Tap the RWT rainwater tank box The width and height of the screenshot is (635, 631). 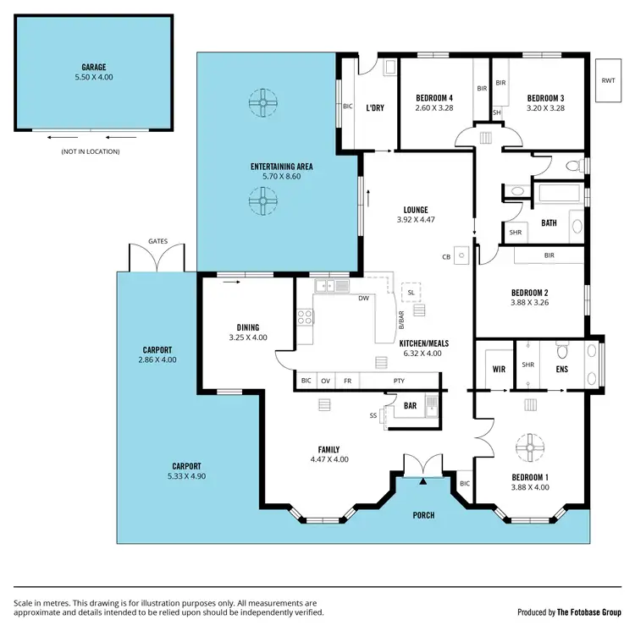click(608, 80)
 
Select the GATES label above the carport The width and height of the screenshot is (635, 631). click(157, 241)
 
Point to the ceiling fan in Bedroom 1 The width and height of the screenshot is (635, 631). click(530, 446)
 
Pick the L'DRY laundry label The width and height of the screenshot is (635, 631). click(375, 108)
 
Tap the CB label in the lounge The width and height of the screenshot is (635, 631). click(445, 256)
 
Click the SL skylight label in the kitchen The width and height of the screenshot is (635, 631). click(411, 292)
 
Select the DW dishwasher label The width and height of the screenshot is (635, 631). click(363, 298)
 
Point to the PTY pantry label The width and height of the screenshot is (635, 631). click(399, 381)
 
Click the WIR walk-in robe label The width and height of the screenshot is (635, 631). click(498, 369)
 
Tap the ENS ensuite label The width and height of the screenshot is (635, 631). click(561, 369)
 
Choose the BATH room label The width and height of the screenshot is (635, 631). click(549, 223)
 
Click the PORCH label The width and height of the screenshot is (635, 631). click(423, 515)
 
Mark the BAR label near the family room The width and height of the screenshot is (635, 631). click(410, 406)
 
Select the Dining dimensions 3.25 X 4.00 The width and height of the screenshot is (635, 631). click(247, 337)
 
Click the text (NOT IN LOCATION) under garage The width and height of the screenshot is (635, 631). click(90, 151)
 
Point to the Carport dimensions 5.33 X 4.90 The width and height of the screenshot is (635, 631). click(186, 476)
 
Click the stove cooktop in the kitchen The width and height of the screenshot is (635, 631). click(304, 318)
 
